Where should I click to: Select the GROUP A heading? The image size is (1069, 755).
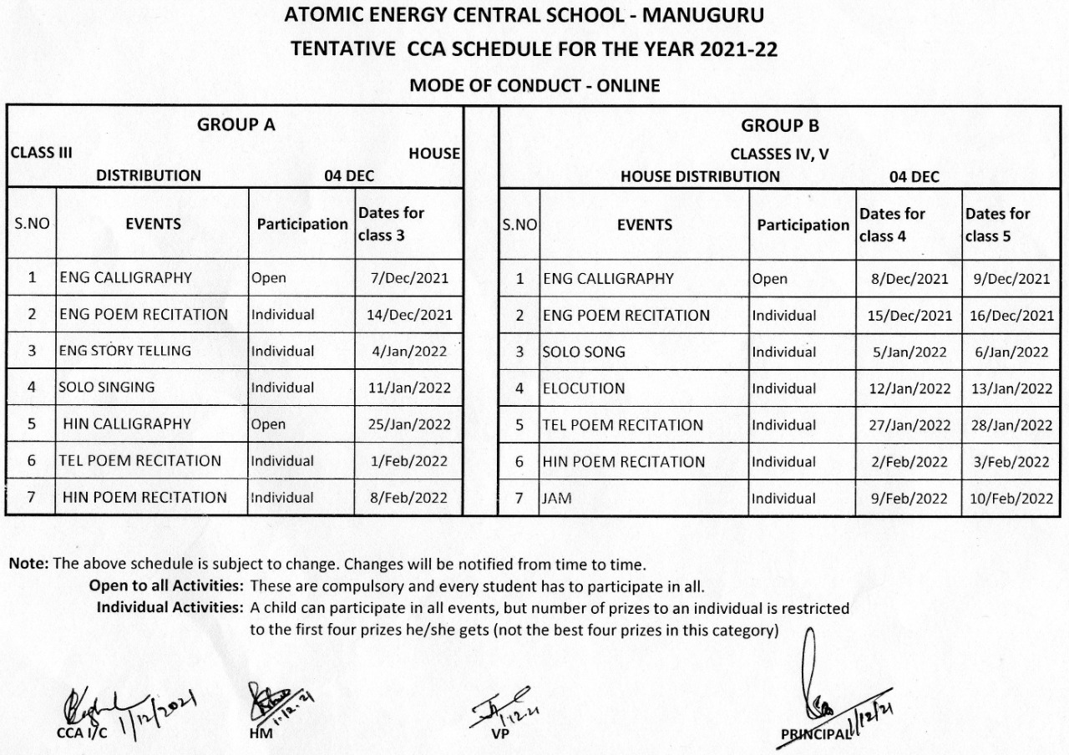point(236,125)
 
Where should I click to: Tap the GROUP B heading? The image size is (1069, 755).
point(779,126)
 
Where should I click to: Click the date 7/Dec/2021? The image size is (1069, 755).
point(409,278)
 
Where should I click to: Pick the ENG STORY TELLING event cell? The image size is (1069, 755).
point(124,351)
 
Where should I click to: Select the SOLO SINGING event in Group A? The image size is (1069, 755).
point(107,388)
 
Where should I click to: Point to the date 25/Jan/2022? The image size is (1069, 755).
point(409,424)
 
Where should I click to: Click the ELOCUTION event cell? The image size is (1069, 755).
point(584,388)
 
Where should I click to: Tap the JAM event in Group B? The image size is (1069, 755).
point(557,499)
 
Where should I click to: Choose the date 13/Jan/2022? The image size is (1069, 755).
point(1014,388)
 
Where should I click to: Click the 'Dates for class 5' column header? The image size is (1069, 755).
point(998,225)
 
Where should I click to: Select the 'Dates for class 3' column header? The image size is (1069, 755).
point(391,224)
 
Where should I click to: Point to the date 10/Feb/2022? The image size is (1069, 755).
point(1014,499)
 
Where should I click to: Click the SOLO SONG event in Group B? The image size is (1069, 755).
point(584,352)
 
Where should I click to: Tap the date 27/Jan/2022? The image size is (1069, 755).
point(909,425)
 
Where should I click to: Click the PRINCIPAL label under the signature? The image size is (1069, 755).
point(814,733)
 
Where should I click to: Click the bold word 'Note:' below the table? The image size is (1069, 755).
point(29,564)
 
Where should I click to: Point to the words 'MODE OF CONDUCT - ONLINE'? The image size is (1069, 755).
point(534,85)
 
